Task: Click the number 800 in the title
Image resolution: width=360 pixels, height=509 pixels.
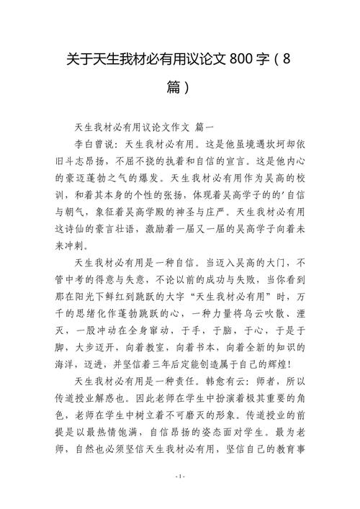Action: point(246,58)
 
